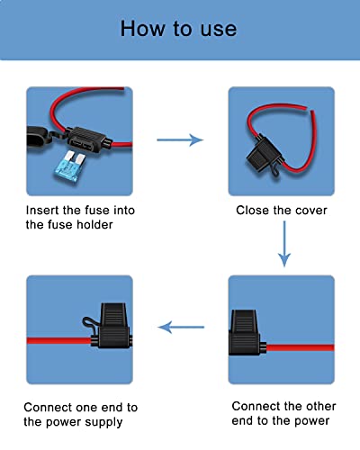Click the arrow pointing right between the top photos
pos(179,140)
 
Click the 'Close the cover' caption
pos(282,210)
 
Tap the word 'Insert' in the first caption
pos(43,210)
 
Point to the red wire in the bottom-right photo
pos(306,346)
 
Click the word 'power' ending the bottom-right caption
pos(311,420)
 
